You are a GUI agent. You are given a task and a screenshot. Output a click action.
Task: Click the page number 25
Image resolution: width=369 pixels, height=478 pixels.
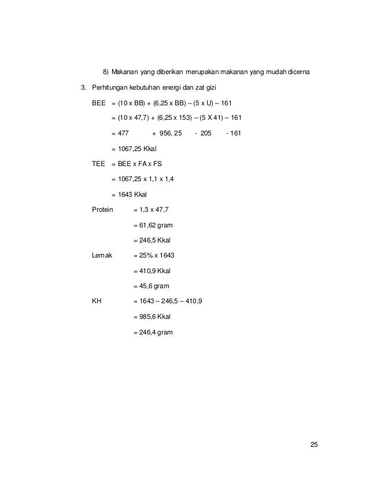pyautogui.click(x=314, y=444)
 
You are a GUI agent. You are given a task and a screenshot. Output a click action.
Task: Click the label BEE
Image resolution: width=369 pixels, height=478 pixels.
pyautogui.click(x=99, y=103)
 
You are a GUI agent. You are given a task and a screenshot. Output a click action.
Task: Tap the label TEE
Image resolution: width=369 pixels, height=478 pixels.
pyautogui.click(x=99, y=164)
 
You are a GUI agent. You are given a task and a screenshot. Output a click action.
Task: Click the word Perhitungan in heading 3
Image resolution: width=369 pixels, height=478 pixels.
pyautogui.click(x=113, y=88)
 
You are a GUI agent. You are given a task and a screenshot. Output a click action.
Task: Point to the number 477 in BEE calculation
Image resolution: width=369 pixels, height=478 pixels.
pyautogui.click(x=123, y=134)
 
